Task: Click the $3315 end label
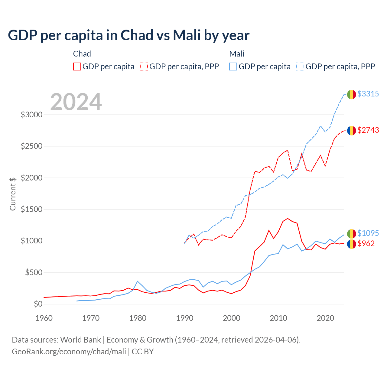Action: click(x=368, y=94)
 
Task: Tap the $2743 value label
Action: click(x=368, y=130)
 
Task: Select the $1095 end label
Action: click(x=368, y=233)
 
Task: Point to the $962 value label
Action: click(x=366, y=243)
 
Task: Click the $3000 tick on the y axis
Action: click(x=31, y=115)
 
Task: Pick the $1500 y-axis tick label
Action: click(x=31, y=209)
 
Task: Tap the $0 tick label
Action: click(x=37, y=304)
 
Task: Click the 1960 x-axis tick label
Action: click(x=44, y=318)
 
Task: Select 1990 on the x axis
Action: click(x=185, y=318)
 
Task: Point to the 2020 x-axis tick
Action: click(x=325, y=318)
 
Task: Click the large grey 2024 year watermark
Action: click(x=76, y=102)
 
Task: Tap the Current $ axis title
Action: click(x=13, y=194)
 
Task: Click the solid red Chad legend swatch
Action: click(x=77, y=67)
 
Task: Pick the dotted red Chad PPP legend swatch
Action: click(x=144, y=67)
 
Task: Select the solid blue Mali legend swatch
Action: click(x=233, y=67)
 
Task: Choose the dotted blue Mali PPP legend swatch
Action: click(x=300, y=67)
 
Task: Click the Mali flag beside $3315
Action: click(x=351, y=94)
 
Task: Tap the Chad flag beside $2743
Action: click(x=351, y=131)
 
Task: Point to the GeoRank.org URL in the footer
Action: click(x=69, y=352)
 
